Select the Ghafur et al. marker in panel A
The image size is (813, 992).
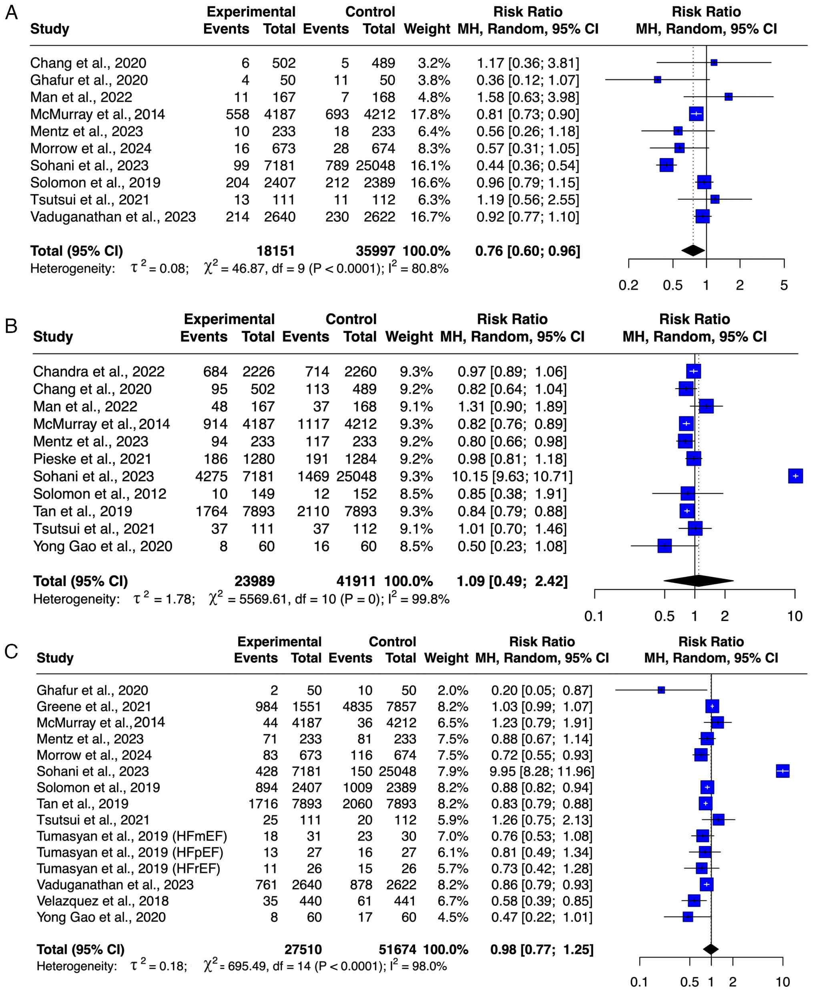[658, 80]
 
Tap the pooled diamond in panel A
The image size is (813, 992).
[693, 251]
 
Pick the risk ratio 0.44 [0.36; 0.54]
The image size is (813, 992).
[527, 165]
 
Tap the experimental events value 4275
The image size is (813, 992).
[211, 476]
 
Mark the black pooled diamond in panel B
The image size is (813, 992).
[698, 581]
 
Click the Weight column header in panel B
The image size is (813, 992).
[409, 336]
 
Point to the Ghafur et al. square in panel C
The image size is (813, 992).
[661, 690]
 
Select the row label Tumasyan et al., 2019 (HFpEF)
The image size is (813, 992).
[130, 852]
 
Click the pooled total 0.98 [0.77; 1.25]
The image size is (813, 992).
[541, 950]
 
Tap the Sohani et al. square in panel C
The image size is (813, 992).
[783, 771]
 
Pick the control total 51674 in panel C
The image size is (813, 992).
[397, 950]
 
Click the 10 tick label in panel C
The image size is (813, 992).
[783, 982]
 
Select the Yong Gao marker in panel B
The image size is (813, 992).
[664, 546]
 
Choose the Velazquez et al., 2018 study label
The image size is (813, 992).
[102, 901]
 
